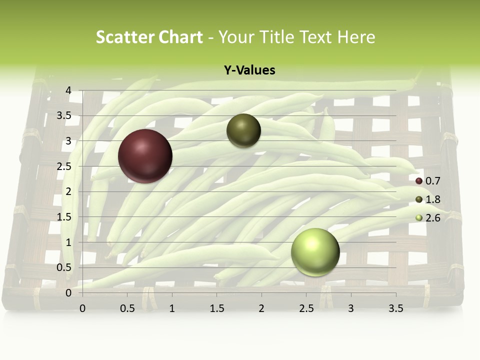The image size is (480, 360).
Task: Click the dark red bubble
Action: point(145,156)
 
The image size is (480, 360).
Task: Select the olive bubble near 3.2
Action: point(243,131)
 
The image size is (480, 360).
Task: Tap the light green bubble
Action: point(315,252)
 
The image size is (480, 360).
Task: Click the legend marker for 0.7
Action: point(419,181)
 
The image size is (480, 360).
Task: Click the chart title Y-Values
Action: point(249,70)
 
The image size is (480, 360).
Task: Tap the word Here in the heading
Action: point(356,37)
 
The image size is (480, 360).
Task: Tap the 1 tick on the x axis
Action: point(172,308)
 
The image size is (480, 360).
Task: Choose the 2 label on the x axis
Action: point(261,308)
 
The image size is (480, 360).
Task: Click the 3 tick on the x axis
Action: point(351,308)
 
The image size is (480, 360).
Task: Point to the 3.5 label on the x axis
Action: point(395,308)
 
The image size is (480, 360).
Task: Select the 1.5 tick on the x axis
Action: point(216,308)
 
